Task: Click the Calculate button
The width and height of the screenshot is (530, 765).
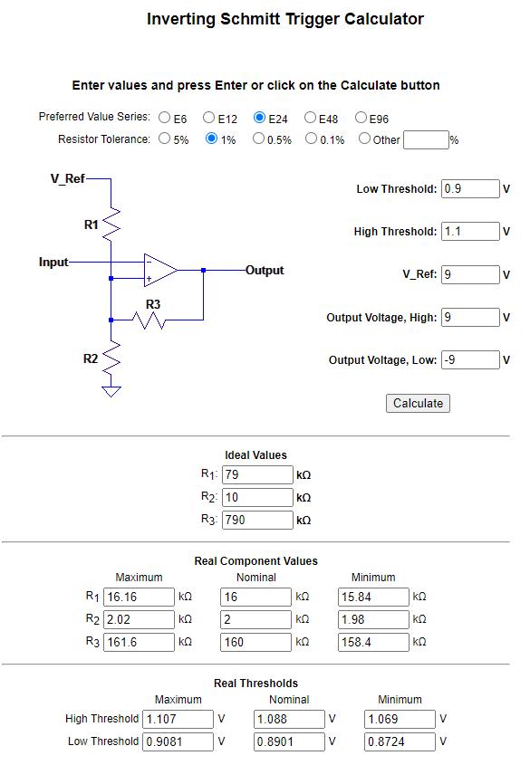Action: [418, 403]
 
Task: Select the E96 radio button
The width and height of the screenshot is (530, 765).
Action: [361, 118]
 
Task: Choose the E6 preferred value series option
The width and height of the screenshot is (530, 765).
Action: [165, 118]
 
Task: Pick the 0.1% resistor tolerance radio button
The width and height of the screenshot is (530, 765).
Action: [311, 139]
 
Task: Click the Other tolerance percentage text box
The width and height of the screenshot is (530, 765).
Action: [426, 140]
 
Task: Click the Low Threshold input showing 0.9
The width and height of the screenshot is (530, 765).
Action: [470, 189]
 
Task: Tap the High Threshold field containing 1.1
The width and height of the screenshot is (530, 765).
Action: [470, 231]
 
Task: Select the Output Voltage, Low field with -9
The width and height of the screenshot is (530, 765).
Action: [470, 360]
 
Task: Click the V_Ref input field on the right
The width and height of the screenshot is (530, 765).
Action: [470, 274]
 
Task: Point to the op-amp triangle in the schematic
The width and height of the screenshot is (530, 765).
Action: [160, 270]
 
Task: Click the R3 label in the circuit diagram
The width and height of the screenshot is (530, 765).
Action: [153, 304]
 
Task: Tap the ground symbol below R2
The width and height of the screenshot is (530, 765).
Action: [111, 391]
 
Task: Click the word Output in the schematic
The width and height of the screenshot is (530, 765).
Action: [265, 271]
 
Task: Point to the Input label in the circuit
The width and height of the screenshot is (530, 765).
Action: [53, 262]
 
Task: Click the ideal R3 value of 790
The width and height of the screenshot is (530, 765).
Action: [257, 520]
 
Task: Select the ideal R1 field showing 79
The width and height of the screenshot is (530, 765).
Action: [257, 474]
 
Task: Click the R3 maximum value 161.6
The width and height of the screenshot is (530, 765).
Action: [139, 642]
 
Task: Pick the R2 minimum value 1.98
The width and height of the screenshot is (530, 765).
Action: [373, 619]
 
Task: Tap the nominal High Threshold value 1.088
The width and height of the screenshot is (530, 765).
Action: [289, 719]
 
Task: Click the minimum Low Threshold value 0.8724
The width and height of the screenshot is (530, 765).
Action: [400, 741]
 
